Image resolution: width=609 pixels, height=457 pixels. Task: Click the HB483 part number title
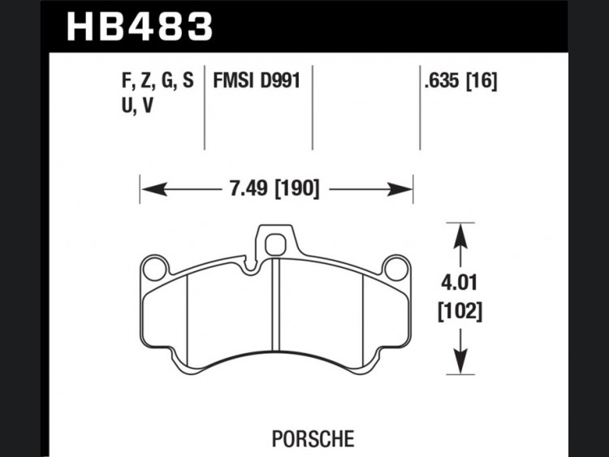[140, 26]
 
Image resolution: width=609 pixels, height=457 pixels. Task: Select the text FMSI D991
[257, 81]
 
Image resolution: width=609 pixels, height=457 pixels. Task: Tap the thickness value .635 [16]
[460, 81]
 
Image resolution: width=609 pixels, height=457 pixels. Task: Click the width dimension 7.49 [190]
[274, 189]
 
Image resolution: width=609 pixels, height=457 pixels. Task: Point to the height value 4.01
[459, 282]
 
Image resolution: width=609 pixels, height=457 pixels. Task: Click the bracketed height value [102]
[460, 311]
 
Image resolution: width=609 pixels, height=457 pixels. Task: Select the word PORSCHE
[313, 439]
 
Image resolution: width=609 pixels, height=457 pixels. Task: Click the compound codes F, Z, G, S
[158, 81]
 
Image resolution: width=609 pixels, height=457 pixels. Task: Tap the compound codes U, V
[138, 105]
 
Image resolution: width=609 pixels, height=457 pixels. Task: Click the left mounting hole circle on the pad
[154, 269]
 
